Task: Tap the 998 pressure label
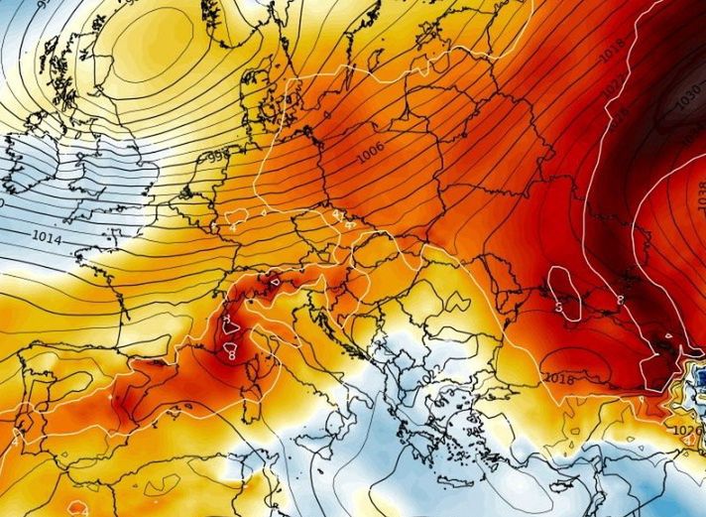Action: (216, 157)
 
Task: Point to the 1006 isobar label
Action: (371, 152)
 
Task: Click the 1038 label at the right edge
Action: (699, 199)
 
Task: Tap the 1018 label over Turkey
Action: (558, 377)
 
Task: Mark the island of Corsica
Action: (256, 347)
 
